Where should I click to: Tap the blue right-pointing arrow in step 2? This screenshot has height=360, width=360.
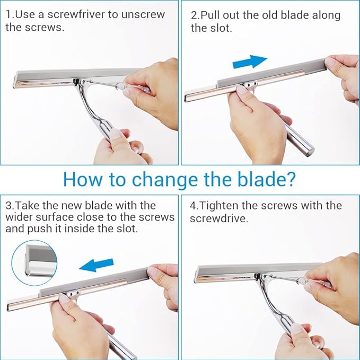coord(250,62)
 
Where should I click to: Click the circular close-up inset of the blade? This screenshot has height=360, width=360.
coord(34,262)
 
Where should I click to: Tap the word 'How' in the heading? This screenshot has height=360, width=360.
coord(80,179)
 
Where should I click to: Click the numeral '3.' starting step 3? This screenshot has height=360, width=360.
coord(9,205)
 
